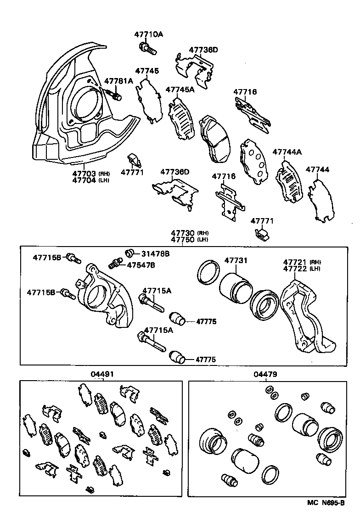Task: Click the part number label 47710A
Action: click(x=148, y=34)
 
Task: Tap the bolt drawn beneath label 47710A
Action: click(x=146, y=48)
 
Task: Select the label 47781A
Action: click(x=118, y=81)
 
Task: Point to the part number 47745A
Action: click(x=180, y=90)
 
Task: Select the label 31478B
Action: click(x=155, y=253)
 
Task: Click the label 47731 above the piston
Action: click(x=236, y=261)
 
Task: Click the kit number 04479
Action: click(x=265, y=374)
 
